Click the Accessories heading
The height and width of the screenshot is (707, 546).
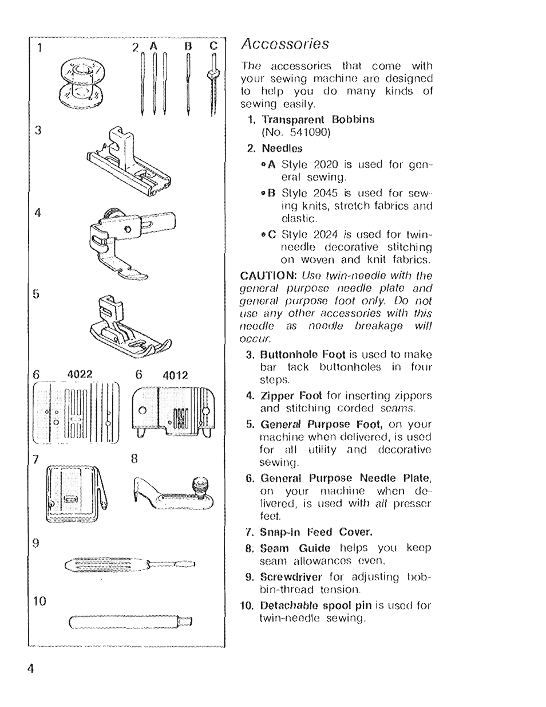(285, 44)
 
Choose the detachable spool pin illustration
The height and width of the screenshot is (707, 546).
(130, 621)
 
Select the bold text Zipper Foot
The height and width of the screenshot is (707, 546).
(292, 396)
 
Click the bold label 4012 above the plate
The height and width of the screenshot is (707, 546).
(175, 375)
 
